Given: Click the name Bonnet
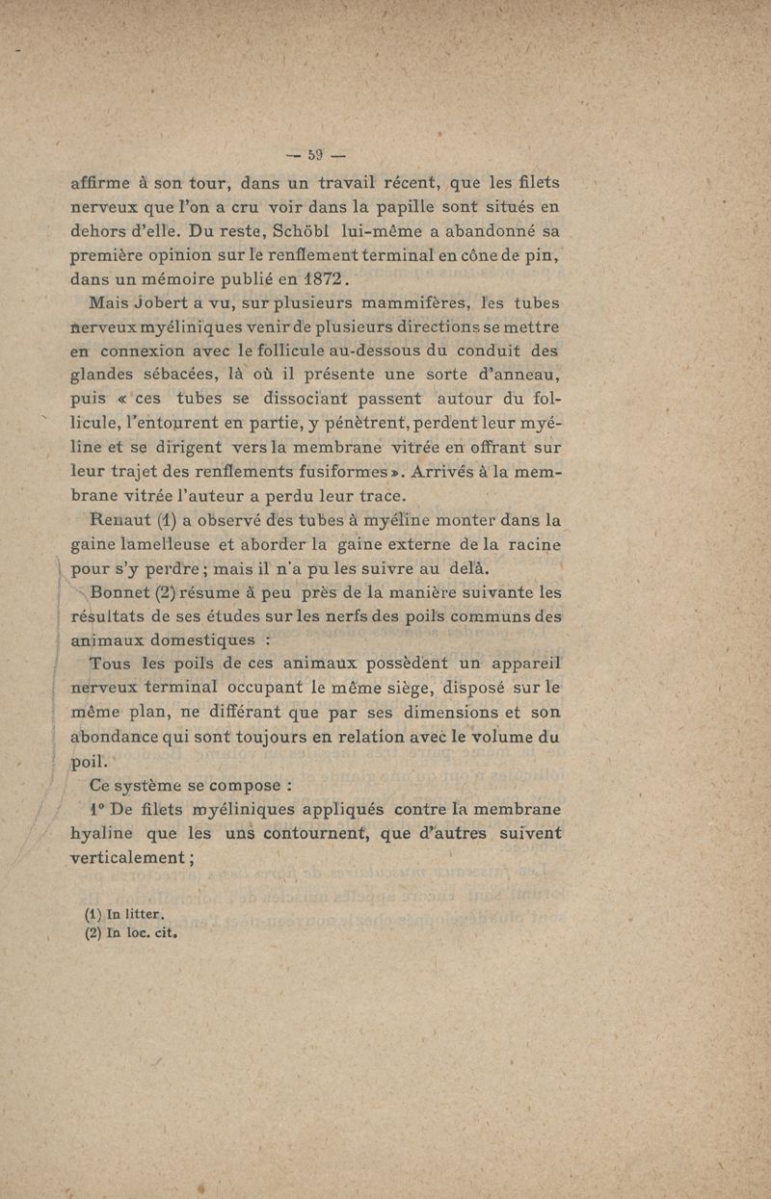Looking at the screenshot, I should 117,593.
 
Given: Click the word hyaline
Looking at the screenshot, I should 103,834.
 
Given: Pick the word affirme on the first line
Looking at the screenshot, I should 103,182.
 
